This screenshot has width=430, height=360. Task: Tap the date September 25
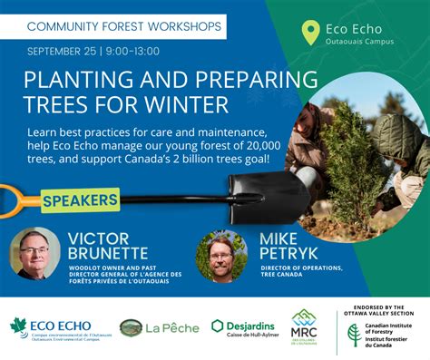61,51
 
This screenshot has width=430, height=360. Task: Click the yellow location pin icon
311,34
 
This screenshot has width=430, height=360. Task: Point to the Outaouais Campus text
360,42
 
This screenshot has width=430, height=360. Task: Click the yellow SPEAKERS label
79,199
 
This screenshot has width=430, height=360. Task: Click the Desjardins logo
243,327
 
